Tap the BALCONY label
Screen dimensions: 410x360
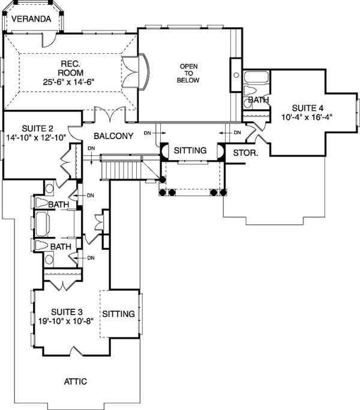[113, 136]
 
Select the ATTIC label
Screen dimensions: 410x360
[76, 381]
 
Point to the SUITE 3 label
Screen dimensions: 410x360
[66, 311]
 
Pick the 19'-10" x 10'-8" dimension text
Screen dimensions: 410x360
[64, 321]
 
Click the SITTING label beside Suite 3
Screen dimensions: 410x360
[119, 314]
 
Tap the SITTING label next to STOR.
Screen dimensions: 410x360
[190, 150]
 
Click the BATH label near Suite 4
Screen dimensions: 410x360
[259, 100]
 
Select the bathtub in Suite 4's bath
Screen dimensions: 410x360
[257, 77]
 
